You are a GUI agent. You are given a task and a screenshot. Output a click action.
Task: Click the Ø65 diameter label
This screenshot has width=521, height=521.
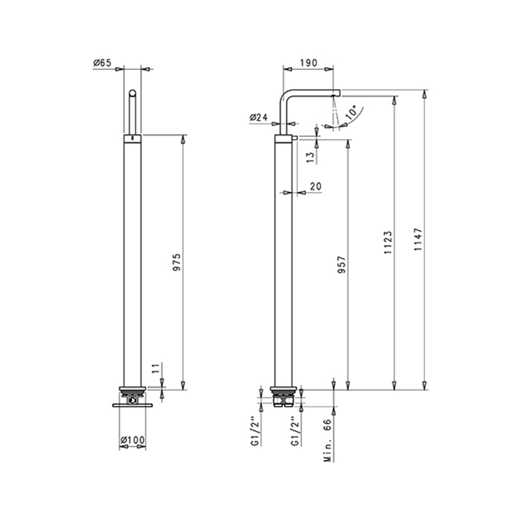[102, 63]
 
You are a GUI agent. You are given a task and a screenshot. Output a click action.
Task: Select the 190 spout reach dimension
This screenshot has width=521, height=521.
[309, 63]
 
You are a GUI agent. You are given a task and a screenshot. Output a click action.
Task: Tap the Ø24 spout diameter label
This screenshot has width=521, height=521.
[258, 118]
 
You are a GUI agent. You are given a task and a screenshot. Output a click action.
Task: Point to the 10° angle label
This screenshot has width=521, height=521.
[351, 112]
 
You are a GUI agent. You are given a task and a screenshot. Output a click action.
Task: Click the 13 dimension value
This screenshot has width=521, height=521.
[310, 157]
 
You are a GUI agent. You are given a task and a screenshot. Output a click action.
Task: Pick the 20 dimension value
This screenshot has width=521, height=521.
[316, 186]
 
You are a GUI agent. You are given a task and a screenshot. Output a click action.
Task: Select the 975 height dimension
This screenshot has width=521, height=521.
[177, 262]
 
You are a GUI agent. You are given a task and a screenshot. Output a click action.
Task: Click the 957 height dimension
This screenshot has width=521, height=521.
[342, 264]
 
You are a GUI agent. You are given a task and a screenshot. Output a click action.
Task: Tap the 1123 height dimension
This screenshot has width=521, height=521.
[388, 243]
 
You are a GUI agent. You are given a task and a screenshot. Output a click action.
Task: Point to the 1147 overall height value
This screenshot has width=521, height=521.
[418, 239]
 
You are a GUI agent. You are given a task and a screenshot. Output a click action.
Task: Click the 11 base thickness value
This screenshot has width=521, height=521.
[157, 368]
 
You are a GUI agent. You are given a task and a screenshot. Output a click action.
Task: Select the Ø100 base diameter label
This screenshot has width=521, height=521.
[132, 441]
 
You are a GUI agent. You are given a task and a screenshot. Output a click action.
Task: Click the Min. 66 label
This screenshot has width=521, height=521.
[328, 440]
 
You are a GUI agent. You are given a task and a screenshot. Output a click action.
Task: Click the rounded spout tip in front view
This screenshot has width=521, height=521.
[132, 93]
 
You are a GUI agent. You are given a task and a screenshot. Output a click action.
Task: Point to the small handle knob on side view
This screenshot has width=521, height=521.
[295, 138]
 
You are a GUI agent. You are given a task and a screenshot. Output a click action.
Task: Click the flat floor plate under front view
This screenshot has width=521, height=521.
[132, 405]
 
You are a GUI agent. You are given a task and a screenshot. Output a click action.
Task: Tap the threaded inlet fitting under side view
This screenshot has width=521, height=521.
[284, 399]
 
